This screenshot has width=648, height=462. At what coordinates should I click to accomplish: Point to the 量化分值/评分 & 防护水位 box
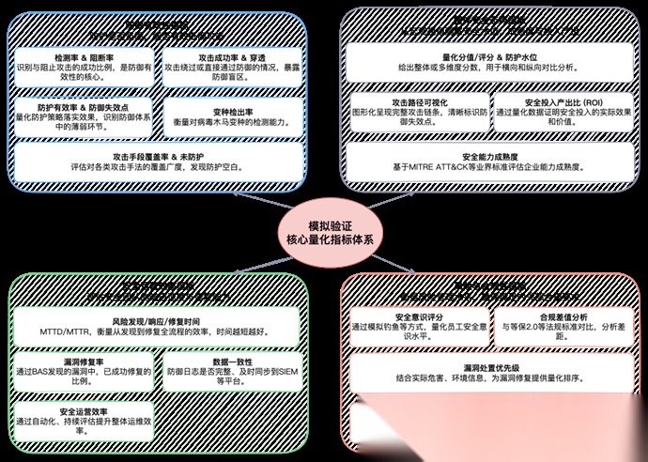pos(486,68)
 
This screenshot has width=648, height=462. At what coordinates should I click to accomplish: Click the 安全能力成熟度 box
pos(486,161)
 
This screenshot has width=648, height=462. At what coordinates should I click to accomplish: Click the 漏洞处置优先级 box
pos(486,373)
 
